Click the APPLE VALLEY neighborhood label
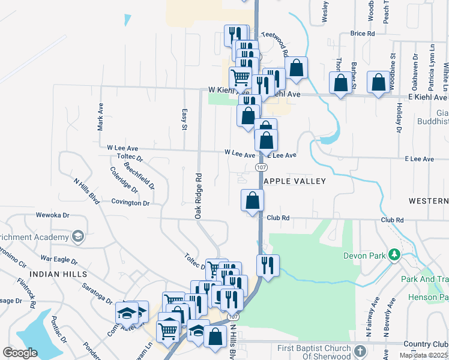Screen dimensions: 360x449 [x=295, y=181]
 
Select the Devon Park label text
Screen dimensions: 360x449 [x=363, y=256]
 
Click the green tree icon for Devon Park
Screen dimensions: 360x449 [x=394, y=255]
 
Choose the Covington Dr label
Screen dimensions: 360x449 [x=130, y=203]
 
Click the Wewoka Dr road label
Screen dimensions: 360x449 [x=53, y=214]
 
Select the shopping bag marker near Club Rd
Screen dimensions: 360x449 [x=253, y=200]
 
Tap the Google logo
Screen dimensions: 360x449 [x=20, y=353]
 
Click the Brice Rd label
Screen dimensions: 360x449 [x=362, y=34]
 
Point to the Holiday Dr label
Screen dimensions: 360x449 [x=399, y=118]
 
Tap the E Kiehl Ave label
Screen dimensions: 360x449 [x=427, y=97]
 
